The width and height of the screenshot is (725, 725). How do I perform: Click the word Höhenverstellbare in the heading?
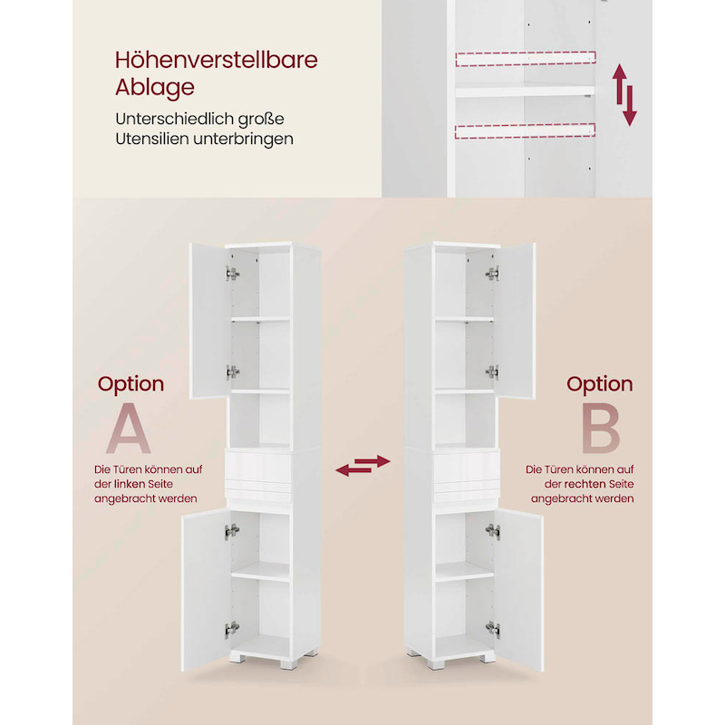click(217, 60)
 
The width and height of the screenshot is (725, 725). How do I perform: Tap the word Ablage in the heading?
click(155, 88)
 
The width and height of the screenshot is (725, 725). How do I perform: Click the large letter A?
click(129, 428)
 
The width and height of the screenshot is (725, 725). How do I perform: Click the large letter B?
click(600, 428)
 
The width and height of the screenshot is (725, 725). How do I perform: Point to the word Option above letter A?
click(130, 384)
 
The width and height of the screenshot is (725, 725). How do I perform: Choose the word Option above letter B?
click(600, 384)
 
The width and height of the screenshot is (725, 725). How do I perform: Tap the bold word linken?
click(130, 484)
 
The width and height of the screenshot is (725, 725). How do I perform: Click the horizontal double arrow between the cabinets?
click(363, 466)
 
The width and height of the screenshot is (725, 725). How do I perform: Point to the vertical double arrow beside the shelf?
click(624, 95)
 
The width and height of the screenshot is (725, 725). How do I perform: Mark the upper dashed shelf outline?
click(526, 59)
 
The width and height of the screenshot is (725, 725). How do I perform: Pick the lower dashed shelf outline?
click(525, 130)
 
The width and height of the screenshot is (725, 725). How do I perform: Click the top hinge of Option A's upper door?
click(232, 274)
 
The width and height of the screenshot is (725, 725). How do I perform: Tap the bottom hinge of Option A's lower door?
click(232, 629)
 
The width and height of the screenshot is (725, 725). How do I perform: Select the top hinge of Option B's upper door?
click(492, 274)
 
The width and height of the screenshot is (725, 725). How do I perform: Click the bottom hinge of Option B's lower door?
click(493, 629)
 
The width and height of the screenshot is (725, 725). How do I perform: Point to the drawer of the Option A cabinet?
click(258, 468)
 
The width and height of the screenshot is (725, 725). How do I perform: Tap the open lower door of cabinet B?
click(519, 590)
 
